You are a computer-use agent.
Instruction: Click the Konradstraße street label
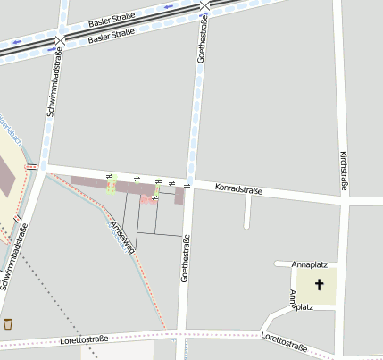click(238, 189)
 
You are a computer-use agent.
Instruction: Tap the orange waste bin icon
click(9, 323)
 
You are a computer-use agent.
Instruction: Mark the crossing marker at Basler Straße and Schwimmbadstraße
click(60, 41)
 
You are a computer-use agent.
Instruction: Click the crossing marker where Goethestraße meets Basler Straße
click(205, 5)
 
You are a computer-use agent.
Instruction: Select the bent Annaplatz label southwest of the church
click(298, 303)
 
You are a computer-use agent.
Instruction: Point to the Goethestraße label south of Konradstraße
click(186, 259)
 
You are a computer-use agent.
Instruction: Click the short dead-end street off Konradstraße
click(247, 211)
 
